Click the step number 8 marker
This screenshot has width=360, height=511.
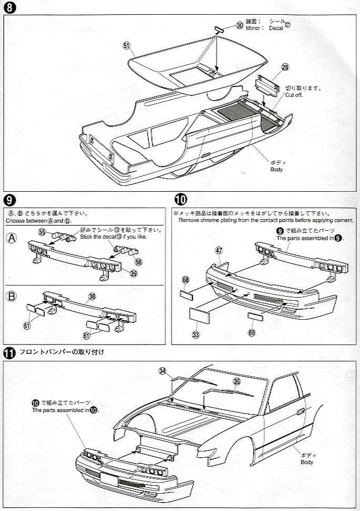point(8,8)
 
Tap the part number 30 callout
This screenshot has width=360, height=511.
point(239,25)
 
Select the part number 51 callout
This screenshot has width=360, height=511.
point(126,46)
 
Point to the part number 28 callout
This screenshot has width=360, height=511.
point(285,67)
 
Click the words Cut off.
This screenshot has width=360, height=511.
point(309,96)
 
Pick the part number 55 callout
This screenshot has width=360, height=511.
point(42,232)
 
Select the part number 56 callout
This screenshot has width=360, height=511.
point(138,261)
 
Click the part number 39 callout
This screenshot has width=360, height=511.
point(134,273)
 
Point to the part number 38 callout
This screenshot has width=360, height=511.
point(92,297)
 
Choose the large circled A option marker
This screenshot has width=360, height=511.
point(12,238)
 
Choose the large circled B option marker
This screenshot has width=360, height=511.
point(12,296)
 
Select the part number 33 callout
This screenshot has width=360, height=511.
point(196,334)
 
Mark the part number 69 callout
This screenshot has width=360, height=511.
point(251,332)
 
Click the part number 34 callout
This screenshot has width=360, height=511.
point(163,371)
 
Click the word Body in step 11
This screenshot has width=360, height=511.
point(307,463)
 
